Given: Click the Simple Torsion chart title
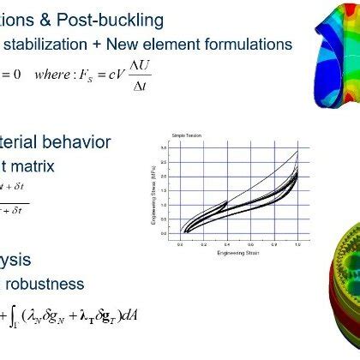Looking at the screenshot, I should [183, 136].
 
